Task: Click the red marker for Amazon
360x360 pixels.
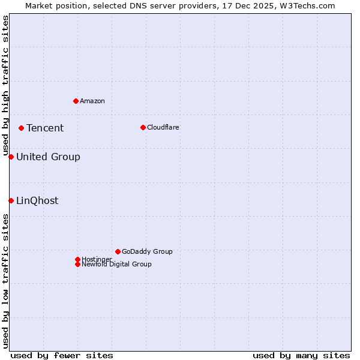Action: click(76, 101)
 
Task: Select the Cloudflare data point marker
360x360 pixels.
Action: click(143, 127)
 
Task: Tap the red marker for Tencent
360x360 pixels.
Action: click(21, 128)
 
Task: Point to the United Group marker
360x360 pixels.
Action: click(11, 157)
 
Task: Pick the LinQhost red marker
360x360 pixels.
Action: click(11, 200)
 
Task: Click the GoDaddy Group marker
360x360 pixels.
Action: click(118, 251)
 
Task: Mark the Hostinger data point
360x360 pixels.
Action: click(77, 259)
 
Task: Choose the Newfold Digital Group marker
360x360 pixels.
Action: click(77, 264)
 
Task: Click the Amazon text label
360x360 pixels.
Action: click(92, 101)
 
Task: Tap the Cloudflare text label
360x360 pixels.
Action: click(163, 127)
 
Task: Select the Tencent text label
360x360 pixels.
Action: click(45, 128)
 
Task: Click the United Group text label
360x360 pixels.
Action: click(48, 157)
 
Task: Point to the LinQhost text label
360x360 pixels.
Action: click(37, 200)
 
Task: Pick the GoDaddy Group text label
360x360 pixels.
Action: click(147, 251)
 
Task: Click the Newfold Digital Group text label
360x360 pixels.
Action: click(116, 264)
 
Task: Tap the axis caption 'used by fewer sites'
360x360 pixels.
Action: click(62, 355)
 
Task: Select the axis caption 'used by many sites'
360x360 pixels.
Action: click(301, 355)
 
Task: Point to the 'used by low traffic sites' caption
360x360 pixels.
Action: click(5, 281)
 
